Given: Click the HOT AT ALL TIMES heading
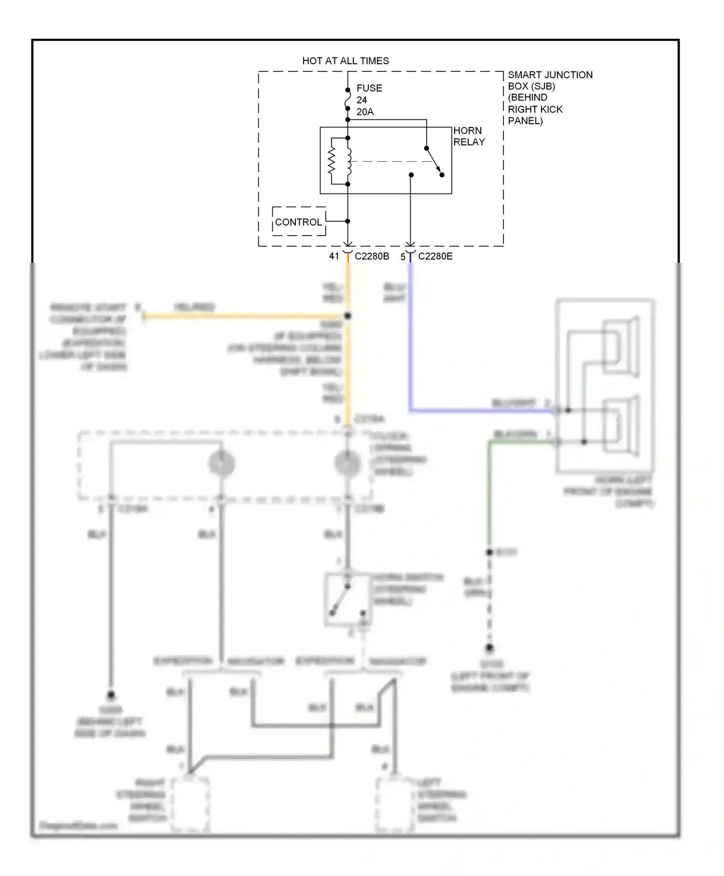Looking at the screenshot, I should pyautogui.click(x=345, y=61).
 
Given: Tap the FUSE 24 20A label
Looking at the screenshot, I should pyautogui.click(x=369, y=100).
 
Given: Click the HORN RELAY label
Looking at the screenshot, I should pyautogui.click(x=468, y=136).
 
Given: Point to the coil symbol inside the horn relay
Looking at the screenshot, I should pyautogui.click(x=348, y=161).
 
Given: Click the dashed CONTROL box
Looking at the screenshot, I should pyautogui.click(x=298, y=222).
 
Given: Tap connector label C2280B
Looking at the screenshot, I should pyautogui.click(x=372, y=256).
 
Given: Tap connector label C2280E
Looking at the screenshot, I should pyautogui.click(x=435, y=256).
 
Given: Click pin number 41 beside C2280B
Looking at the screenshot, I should pyautogui.click(x=334, y=256).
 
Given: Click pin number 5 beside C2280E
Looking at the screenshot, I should pyautogui.click(x=403, y=257).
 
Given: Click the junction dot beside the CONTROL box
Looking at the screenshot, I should pyautogui.click(x=348, y=221).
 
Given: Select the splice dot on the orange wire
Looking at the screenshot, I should pyautogui.click(x=348, y=316).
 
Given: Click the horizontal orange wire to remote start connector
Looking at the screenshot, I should pyautogui.click(x=241, y=317).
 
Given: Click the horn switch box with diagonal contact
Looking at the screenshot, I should pyautogui.click(x=348, y=599).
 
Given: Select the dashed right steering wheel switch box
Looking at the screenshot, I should pyautogui.click(x=190, y=804).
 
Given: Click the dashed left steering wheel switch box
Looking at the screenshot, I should pyautogui.click(x=395, y=804).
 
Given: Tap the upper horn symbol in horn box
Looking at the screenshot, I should pyautogui.click(x=622, y=347).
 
